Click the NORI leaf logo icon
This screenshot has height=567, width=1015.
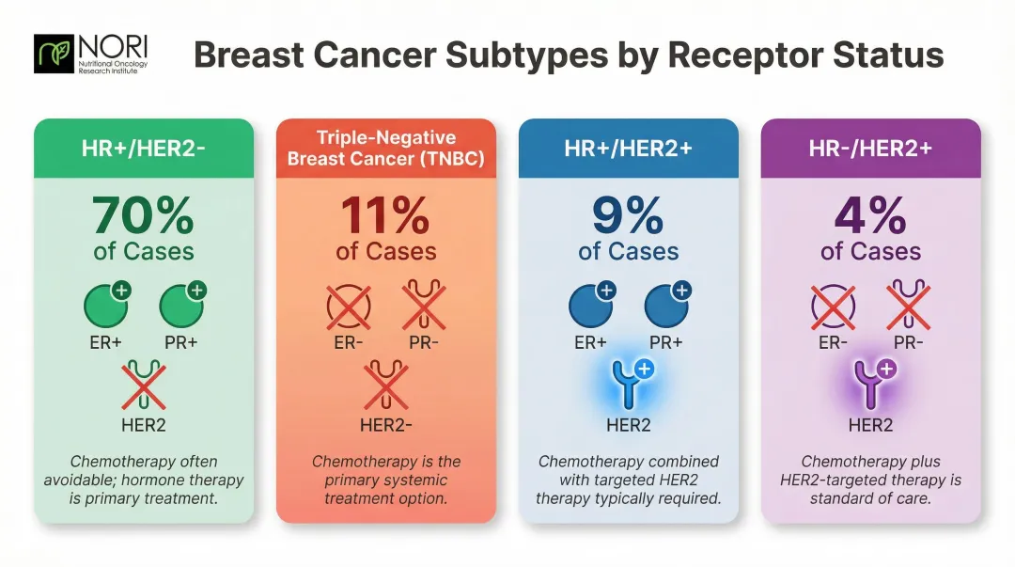51,55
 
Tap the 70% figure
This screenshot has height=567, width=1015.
144,215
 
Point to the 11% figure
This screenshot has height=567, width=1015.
385,215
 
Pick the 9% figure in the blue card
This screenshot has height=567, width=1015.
628,215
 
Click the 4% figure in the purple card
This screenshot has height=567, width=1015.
870,215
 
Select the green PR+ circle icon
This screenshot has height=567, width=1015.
180,307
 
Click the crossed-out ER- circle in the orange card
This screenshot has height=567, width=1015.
349,307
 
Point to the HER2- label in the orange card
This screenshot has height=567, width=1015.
386,425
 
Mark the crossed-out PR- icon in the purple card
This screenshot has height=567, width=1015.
908,307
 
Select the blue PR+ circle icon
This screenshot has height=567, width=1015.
665,307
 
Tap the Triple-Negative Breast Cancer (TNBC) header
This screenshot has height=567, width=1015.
385,149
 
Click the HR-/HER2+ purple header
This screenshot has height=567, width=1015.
870,148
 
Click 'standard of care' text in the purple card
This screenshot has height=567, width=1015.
870,497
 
